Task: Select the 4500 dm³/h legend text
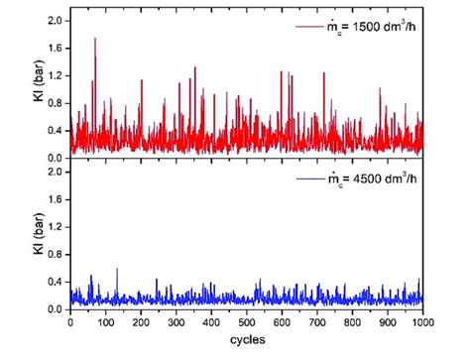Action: [378, 180]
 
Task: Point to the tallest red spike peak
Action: [95, 39]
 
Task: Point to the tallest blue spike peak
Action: [117, 269]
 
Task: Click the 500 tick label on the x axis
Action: [246, 322]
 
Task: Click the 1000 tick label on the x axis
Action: [422, 322]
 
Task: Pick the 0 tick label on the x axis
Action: [69, 322]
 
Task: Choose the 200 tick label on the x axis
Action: [140, 322]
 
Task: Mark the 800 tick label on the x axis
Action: [352, 322]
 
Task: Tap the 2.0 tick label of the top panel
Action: [55, 20]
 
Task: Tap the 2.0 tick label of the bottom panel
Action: [55, 173]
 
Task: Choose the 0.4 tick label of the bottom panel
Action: [55, 282]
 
